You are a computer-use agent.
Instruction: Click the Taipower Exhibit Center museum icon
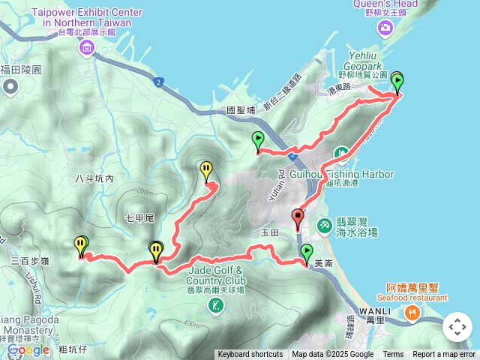click(x=86, y=48)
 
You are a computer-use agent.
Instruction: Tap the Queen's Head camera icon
click(x=385, y=28)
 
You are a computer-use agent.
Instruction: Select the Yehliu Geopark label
click(x=362, y=65)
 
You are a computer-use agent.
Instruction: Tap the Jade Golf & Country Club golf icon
click(x=215, y=304)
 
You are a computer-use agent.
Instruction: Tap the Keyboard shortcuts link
click(x=250, y=355)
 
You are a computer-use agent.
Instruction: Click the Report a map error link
click(x=444, y=355)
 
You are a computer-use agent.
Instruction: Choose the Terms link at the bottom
click(x=393, y=355)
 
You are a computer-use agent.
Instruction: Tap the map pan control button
click(x=457, y=327)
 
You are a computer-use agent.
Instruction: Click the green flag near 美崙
click(x=307, y=253)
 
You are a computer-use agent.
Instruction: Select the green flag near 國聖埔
click(x=258, y=140)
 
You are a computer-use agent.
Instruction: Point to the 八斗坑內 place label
click(x=94, y=178)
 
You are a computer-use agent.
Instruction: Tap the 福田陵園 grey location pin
click(x=10, y=87)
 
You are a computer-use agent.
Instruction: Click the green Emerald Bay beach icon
click(x=325, y=224)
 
